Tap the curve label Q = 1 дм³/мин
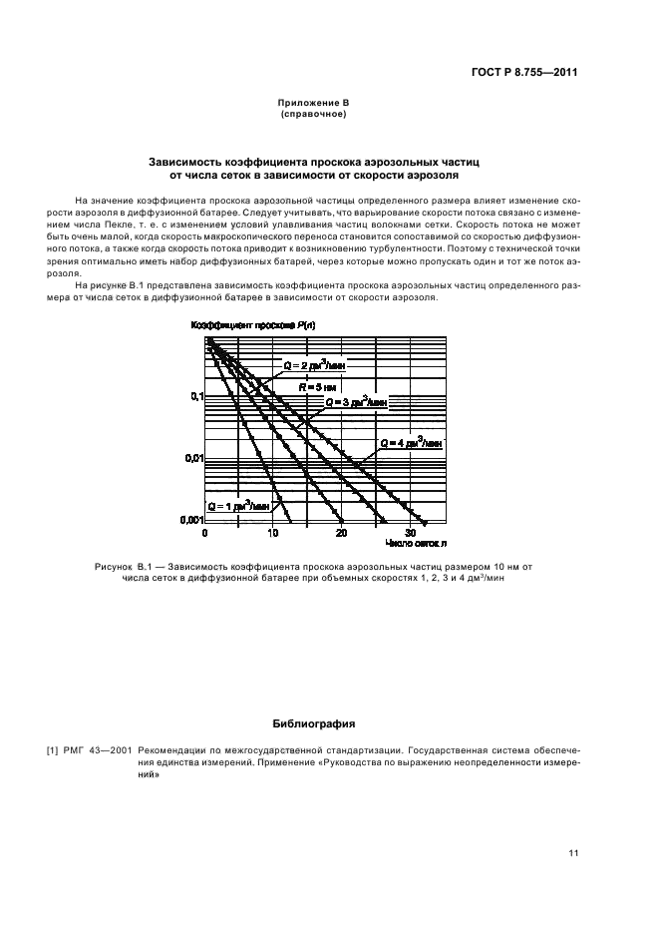[238, 507]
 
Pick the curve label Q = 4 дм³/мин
[412, 441]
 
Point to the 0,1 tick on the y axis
[195, 396]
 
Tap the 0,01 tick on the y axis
[192, 458]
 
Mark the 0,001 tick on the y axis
[190, 520]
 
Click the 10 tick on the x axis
[273, 534]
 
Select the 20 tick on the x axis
[341, 534]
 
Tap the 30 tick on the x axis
[410, 534]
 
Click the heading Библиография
[313, 722]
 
